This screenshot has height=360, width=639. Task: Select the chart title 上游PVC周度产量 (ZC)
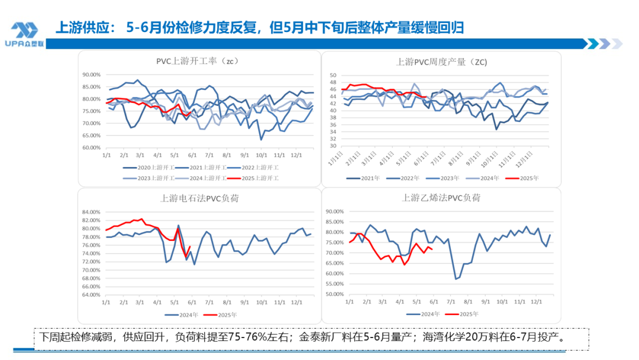coord(441,62)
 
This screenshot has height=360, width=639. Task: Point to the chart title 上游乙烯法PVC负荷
coord(441,198)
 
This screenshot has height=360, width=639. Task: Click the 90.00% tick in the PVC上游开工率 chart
coord(92,75)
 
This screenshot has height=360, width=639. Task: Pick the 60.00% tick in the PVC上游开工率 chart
coord(92,147)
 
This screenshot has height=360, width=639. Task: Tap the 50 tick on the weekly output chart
coord(333,76)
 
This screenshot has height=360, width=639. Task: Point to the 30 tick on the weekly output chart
coord(333,146)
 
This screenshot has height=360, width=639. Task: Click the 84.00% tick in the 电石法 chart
coord(92,212)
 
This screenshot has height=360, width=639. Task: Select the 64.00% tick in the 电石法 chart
coord(92,294)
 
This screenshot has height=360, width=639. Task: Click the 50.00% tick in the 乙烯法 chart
coord(335,294)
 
